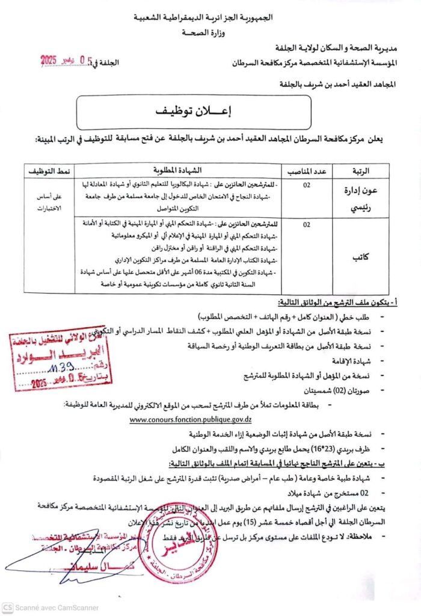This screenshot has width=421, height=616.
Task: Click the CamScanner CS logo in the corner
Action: [x=8, y=608]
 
